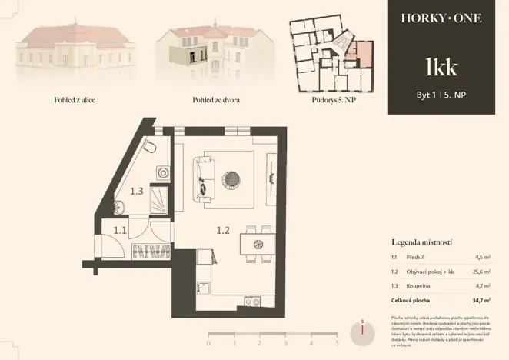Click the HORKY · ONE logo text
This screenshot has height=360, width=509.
pos(441,18)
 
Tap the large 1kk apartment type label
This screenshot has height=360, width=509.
pos(441,66)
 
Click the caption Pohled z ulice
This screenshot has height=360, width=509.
pos(75,101)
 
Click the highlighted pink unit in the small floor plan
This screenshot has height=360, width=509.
pos(361,53)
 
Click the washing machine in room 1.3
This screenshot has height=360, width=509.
pos(162,173)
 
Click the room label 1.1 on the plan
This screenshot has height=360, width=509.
pos(121,229)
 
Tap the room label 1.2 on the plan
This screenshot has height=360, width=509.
pos(223,228)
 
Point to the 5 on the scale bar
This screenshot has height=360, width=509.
pos(337,343)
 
